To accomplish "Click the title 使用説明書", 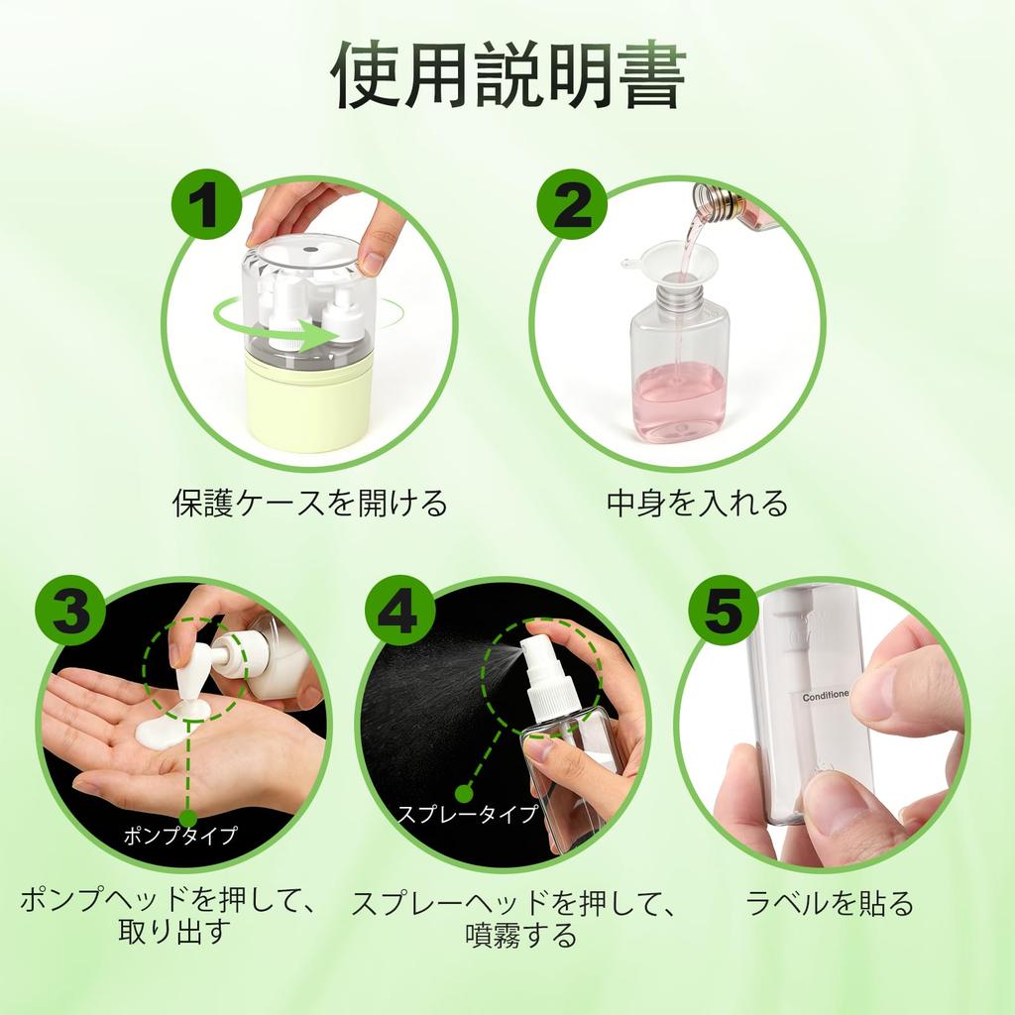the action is [508, 75].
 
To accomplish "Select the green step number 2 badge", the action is [572, 204].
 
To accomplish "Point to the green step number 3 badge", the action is [70, 611].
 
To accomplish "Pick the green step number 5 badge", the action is [724, 611].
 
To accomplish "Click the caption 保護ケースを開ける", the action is [310, 503].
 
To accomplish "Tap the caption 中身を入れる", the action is [697, 503].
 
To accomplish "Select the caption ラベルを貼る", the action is [830, 902].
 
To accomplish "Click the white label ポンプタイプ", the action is [180, 835].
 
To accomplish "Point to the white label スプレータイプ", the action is [468, 813].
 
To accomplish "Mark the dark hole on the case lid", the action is [310, 248].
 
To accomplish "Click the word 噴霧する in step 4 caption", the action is [520, 935].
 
